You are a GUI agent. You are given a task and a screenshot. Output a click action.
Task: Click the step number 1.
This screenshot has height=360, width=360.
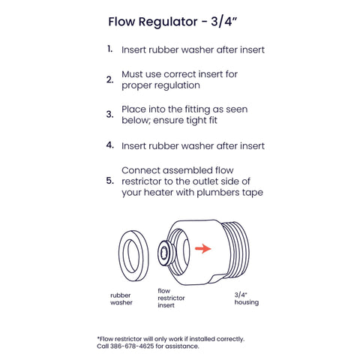click(x=109, y=49)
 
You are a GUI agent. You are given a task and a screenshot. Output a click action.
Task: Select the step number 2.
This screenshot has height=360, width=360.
click(x=109, y=79)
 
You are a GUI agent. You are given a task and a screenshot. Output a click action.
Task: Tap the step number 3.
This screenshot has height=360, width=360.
click(x=109, y=115)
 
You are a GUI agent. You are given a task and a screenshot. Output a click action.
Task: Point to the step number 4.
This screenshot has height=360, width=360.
click(x=109, y=145)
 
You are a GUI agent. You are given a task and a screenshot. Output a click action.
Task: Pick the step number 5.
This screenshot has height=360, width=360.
click(x=109, y=181)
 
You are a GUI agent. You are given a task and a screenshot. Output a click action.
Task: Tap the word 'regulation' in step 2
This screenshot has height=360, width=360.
click(x=180, y=85)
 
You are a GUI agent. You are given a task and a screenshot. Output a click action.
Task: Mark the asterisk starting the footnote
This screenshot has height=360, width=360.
click(x=98, y=337)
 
